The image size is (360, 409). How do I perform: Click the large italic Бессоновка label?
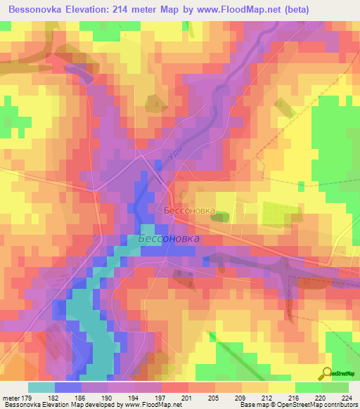169,239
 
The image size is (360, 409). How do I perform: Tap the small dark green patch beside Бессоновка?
219,218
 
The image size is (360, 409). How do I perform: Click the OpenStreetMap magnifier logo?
327,374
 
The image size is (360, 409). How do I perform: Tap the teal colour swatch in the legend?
41,387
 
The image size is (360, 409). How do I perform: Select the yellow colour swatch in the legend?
281,387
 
